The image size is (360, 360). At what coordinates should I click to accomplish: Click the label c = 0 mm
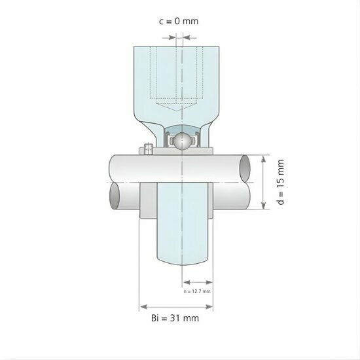point(179,21)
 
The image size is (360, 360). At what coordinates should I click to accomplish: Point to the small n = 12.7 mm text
point(198,291)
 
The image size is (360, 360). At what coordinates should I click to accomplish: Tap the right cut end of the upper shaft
point(244,169)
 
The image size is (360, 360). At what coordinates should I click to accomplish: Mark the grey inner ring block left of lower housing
point(147,199)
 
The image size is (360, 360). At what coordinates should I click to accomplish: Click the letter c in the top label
point(162,21)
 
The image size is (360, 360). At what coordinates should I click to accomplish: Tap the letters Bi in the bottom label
point(154,318)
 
